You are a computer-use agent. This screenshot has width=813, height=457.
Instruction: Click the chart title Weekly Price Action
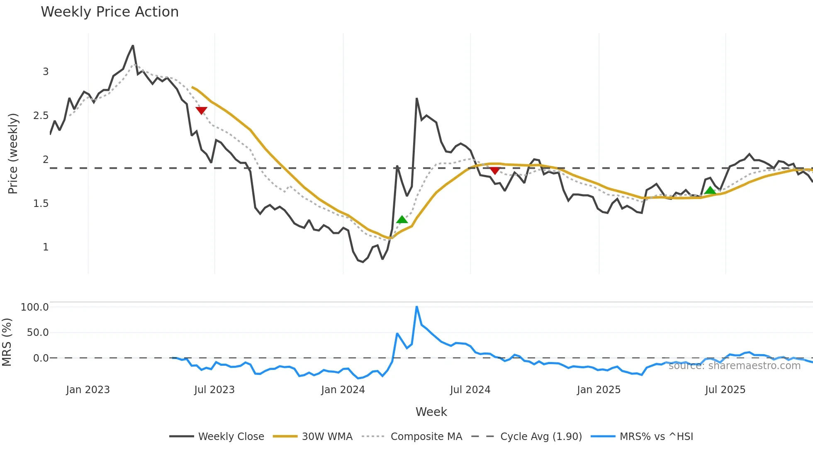coord(110,12)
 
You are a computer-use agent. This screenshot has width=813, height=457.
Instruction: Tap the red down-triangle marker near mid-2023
coord(201,110)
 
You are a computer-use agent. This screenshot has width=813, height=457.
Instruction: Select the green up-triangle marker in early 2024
coord(402,220)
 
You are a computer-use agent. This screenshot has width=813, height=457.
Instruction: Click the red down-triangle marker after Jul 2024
coord(494,170)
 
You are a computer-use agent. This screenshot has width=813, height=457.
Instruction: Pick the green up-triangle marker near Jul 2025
coord(710,191)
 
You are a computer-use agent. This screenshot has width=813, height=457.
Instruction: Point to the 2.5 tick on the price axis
coord(41,116)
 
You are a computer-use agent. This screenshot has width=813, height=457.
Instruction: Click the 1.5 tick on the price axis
coord(41,204)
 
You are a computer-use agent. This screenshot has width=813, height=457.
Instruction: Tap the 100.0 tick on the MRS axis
coord(35,307)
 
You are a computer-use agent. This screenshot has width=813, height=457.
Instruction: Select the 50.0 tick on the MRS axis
coord(38,333)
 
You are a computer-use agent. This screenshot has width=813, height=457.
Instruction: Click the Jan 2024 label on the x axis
coord(343,390)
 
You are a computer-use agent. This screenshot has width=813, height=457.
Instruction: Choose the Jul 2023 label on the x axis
coord(214,390)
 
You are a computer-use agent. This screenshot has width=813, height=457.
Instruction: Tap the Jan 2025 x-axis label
coord(599,390)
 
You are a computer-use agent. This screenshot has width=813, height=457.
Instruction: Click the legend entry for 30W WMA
coord(327,437)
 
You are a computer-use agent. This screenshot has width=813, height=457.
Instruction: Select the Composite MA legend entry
coord(426,437)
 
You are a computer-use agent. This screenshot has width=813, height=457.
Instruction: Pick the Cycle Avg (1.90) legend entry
coord(541,437)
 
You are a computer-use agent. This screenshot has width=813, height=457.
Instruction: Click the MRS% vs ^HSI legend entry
coord(656,437)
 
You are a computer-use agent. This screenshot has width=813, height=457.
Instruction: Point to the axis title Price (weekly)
coord(13,153)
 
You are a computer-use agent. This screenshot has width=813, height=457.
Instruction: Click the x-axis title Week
coord(431,412)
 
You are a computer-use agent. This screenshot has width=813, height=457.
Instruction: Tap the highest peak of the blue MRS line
coord(416,307)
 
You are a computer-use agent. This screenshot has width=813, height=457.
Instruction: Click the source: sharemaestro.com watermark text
coord(734,366)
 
